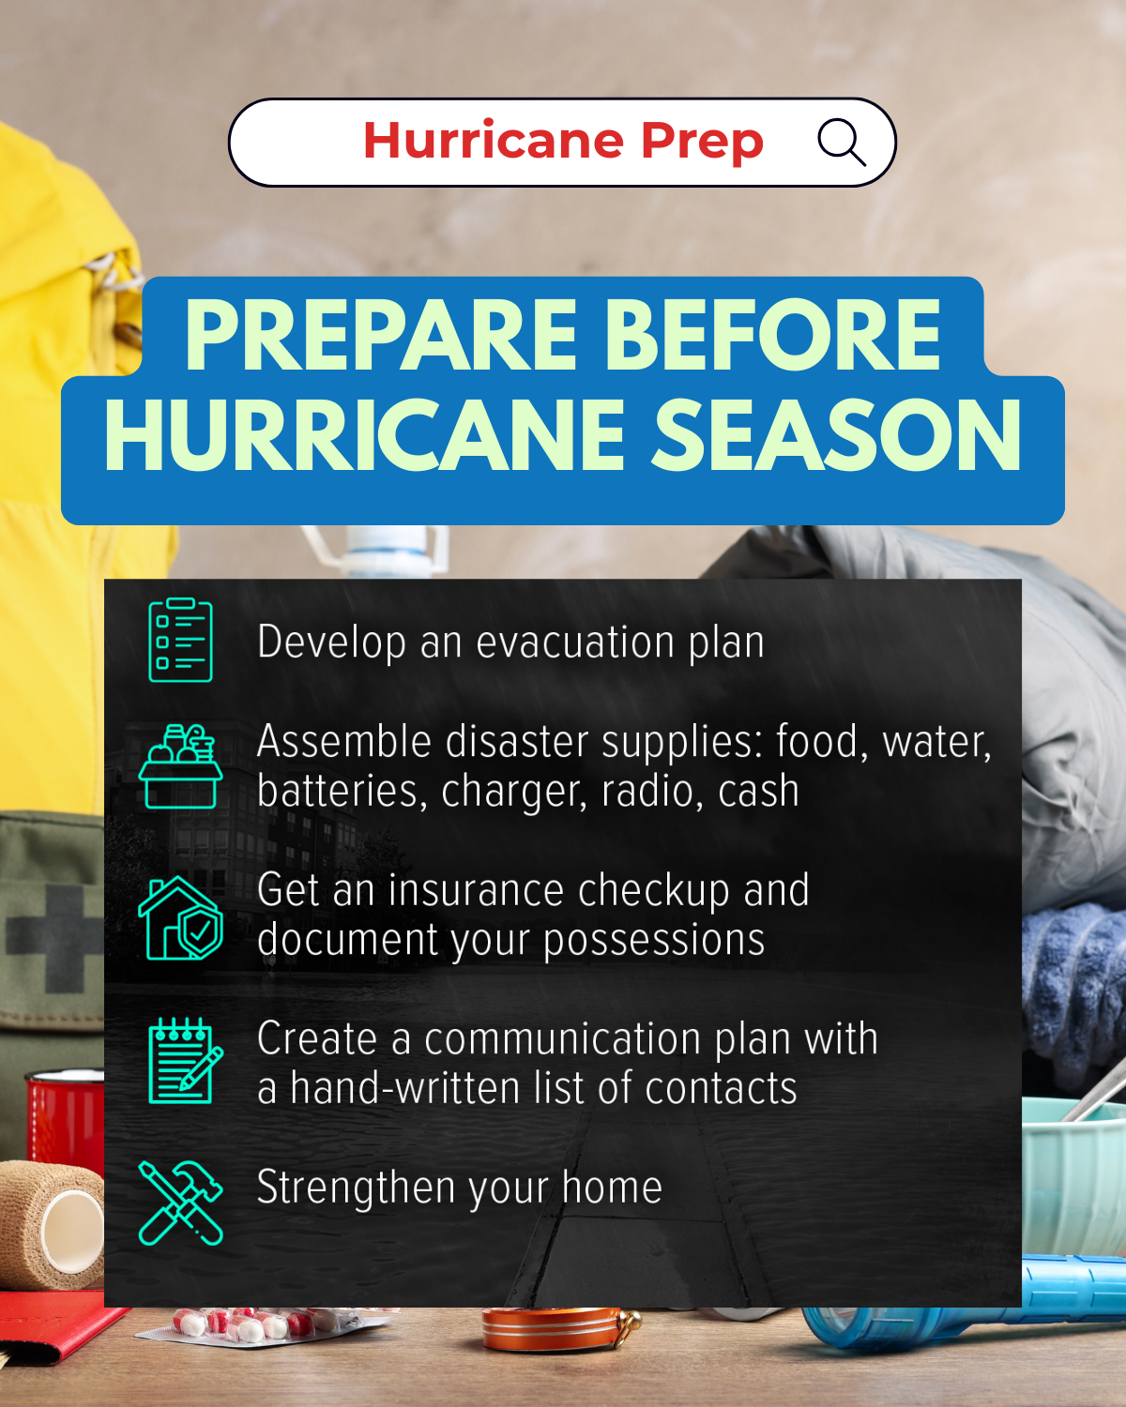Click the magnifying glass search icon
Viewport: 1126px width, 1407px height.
click(841, 143)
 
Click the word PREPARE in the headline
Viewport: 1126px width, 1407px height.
click(381, 335)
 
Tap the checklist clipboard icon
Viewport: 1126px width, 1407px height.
click(181, 640)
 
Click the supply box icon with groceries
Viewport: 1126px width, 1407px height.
click(181, 766)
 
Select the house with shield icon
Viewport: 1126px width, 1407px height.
click(181, 919)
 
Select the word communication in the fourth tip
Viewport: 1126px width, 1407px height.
click(563, 1039)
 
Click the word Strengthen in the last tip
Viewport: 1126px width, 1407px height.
click(357, 1188)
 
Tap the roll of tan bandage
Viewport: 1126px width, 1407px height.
click(52, 1224)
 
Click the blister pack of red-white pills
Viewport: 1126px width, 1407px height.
click(249, 1324)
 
